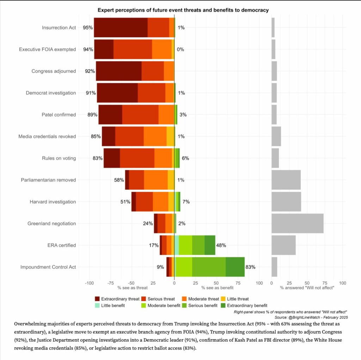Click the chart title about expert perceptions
tap(183, 10)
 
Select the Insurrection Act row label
tap(59, 28)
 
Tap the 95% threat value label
tap(88, 28)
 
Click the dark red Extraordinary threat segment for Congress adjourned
tap(118, 71)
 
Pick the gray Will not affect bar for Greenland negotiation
tap(297, 223)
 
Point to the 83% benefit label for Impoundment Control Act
tap(250, 267)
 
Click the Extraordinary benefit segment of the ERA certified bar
tap(210, 245)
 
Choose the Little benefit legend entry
tap(97, 305)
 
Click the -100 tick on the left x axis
tap(89, 283)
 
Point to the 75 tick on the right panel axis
tap(325, 283)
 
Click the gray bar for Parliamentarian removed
tap(286, 180)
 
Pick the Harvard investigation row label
tap(53, 202)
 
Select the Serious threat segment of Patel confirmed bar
tap(140, 115)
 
